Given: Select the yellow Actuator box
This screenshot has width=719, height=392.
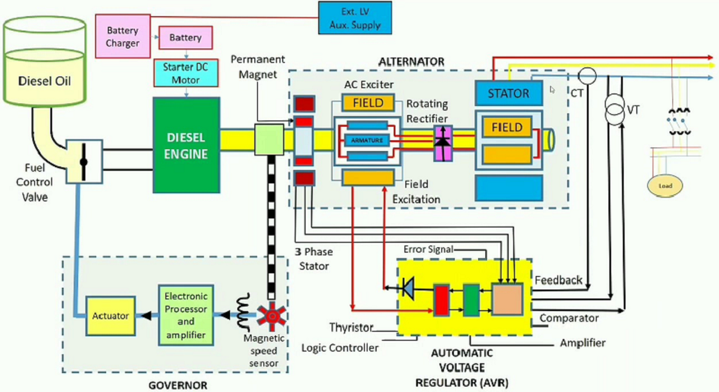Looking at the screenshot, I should pyautogui.click(x=109, y=316).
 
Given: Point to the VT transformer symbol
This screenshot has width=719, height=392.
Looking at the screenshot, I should pyautogui.click(x=615, y=111).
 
